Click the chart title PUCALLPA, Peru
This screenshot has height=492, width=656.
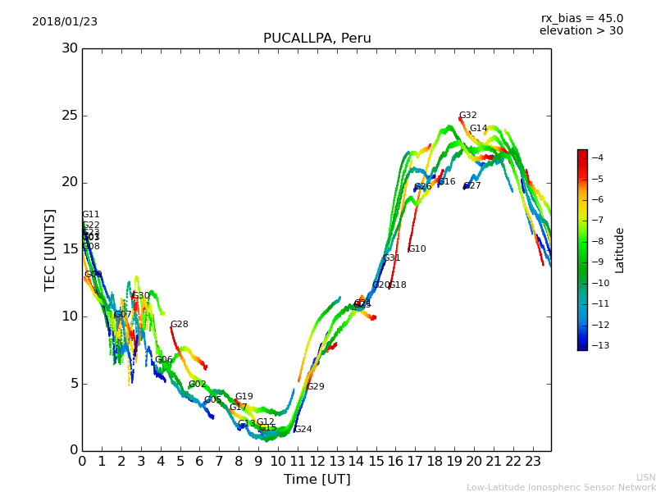tap(317, 39)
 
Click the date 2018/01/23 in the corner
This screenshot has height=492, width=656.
tap(65, 22)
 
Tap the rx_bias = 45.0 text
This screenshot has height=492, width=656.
tap(581, 18)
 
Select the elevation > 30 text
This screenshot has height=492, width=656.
tap(581, 31)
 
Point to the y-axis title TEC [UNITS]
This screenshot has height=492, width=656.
tap(51, 249)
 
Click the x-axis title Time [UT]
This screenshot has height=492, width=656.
tap(317, 480)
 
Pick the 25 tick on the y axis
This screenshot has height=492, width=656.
tap(70, 116)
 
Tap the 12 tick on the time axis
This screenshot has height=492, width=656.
tap(317, 461)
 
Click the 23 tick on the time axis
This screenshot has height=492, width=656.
tap(533, 461)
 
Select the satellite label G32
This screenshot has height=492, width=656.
tap(467, 116)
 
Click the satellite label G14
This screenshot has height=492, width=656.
tap(478, 129)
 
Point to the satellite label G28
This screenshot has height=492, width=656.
tap(179, 325)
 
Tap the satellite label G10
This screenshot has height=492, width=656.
tap(417, 249)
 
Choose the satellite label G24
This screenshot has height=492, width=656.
tap(303, 430)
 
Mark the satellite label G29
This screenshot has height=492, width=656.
tap(315, 387)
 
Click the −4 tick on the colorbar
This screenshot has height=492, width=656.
tap(597, 157)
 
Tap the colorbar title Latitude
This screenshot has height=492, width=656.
tap(620, 249)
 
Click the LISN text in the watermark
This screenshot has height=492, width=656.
tap(646, 477)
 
